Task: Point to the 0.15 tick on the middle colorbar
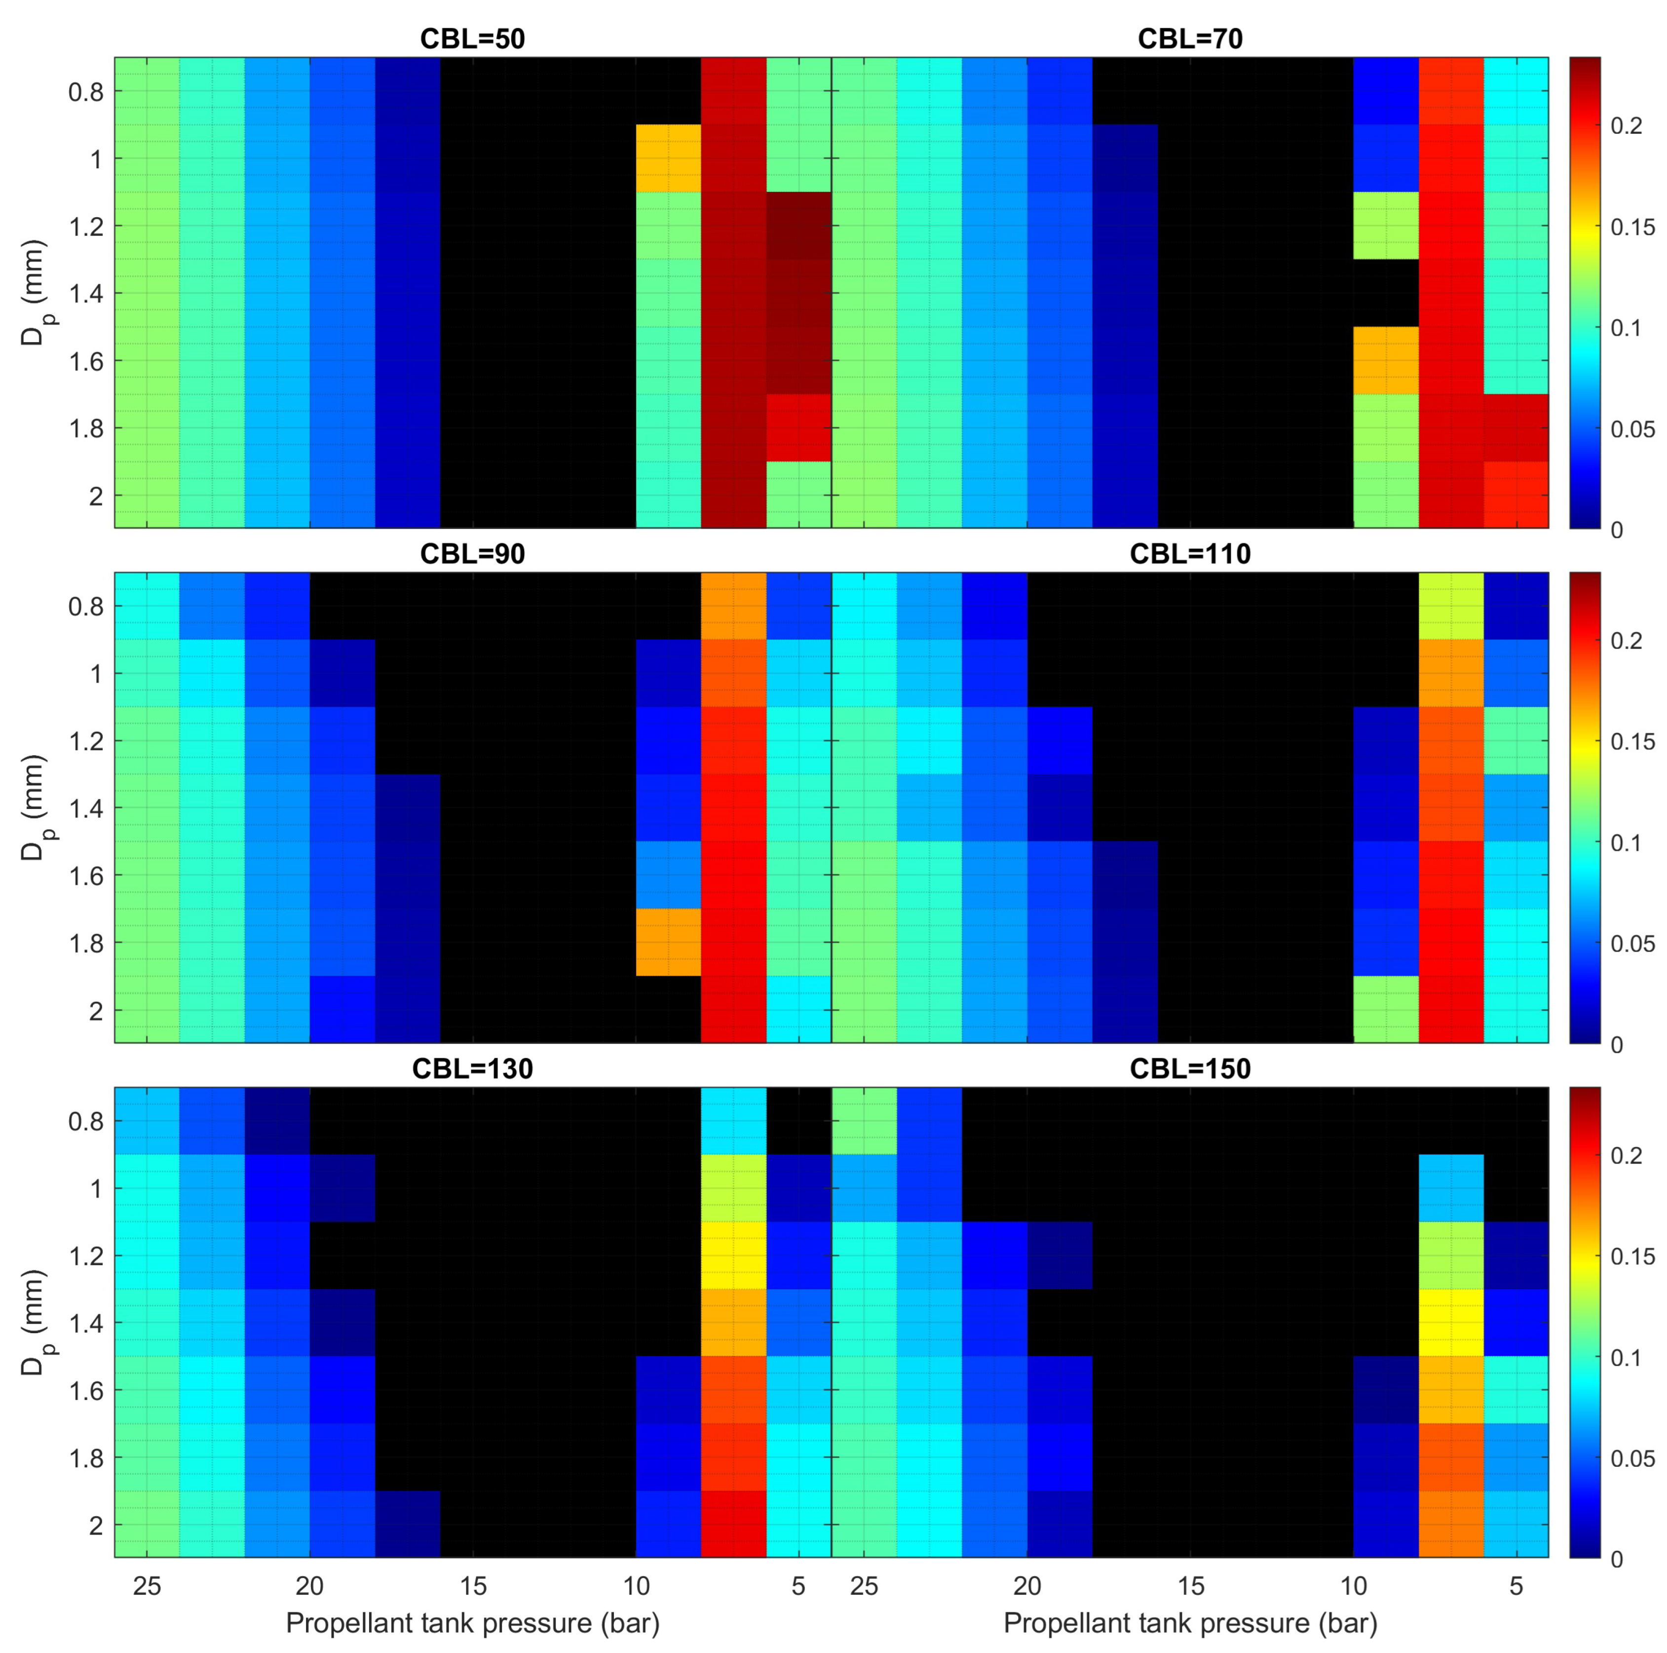pos(1631,741)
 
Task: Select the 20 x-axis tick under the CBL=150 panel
pos(1027,1586)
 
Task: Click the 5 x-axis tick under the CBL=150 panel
pos(1516,1586)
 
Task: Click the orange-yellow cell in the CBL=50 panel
pos(668,158)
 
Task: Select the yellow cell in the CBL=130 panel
pos(733,1255)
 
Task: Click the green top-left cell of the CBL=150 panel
pos(864,1120)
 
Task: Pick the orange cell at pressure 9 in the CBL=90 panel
pos(668,942)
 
